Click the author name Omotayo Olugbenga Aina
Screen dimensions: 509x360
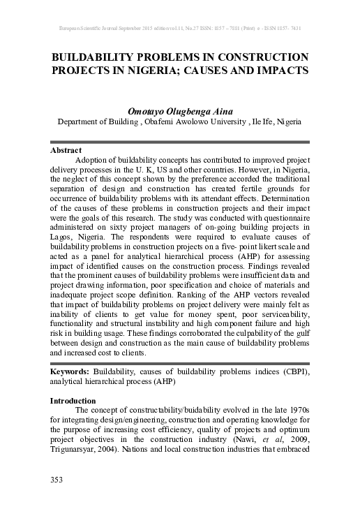[179, 110]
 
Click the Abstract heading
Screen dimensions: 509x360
[66, 150]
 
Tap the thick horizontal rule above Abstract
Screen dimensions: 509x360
[179, 142]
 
